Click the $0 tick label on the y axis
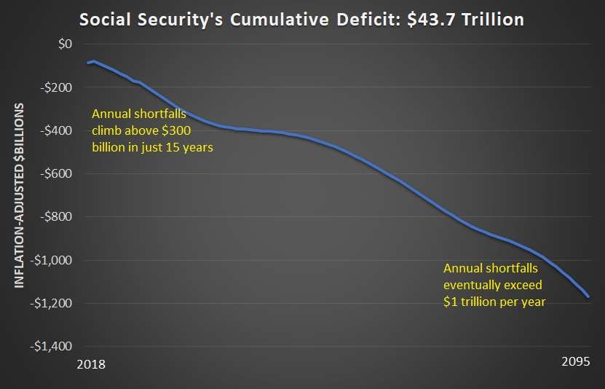66,44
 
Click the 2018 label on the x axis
90,363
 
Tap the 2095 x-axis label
576,363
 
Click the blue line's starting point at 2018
87,63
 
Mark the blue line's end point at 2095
589,297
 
